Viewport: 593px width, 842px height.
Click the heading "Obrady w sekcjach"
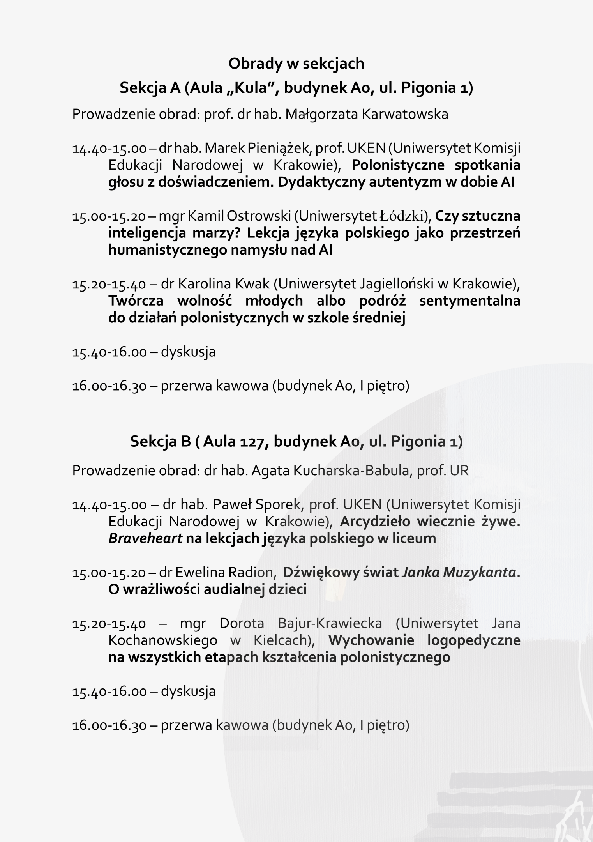point(296,64)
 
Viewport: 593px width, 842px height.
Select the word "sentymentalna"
point(470,301)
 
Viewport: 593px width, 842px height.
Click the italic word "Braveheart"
point(145,539)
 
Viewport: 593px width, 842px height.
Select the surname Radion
point(252,572)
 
